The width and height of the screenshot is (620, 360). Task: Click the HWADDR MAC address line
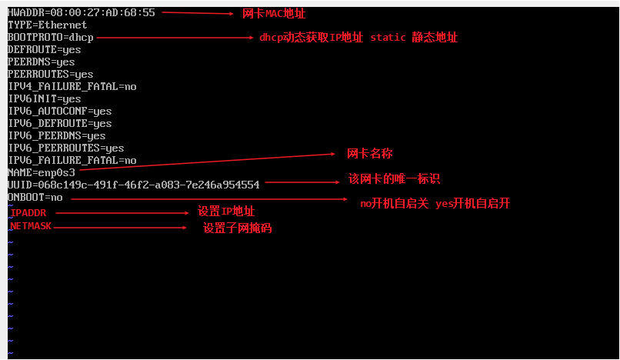(x=81, y=13)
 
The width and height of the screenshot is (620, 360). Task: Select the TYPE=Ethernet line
(x=48, y=25)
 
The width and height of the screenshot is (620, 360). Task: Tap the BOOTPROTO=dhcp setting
(x=50, y=37)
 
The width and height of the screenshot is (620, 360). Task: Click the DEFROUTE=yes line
(x=45, y=49)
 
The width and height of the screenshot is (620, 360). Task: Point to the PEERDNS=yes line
(x=42, y=62)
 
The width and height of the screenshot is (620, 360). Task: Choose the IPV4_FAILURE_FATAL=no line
(x=72, y=86)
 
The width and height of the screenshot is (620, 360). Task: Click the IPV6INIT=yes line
(x=45, y=98)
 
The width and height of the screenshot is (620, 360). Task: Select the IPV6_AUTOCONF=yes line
(x=60, y=111)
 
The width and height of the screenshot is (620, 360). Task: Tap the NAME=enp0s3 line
(x=42, y=172)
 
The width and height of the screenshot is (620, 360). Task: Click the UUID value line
(x=134, y=185)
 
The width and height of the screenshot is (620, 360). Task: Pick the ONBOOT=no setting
(x=35, y=197)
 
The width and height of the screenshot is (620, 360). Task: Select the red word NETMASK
(x=31, y=226)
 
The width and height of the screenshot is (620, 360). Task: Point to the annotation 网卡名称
(x=370, y=154)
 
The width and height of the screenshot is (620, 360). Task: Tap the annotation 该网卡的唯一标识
(x=394, y=178)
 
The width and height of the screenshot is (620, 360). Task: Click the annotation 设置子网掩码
(x=238, y=228)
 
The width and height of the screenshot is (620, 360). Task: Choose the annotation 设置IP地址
(x=226, y=212)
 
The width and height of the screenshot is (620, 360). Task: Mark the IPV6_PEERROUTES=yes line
(x=66, y=148)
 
